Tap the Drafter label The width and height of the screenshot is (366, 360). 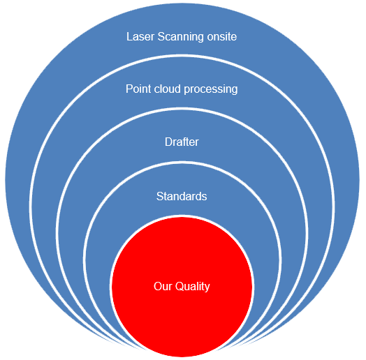pyautogui.click(x=182, y=142)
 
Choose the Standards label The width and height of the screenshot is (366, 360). pyautogui.click(x=182, y=196)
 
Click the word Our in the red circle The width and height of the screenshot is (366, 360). pyautogui.click(x=163, y=286)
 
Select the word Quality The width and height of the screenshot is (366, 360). pyautogui.click(x=193, y=287)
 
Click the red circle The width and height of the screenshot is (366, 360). pyautogui.click(x=182, y=286)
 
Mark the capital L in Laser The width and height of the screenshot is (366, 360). pyautogui.click(x=129, y=37)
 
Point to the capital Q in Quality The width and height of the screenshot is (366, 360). pyautogui.click(x=180, y=287)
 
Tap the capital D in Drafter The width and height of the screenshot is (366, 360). pyautogui.click(x=169, y=142)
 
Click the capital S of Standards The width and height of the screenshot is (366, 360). pyautogui.click(x=160, y=196)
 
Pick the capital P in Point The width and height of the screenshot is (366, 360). pyautogui.click(x=129, y=89)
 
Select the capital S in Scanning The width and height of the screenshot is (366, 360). pyautogui.click(x=161, y=37)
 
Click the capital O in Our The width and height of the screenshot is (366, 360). pyautogui.click(x=158, y=287)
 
